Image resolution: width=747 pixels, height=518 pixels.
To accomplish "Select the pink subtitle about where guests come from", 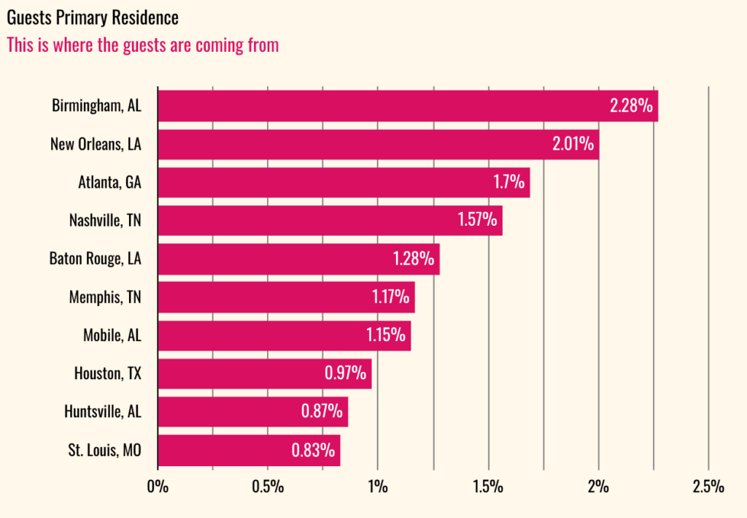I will (x=142, y=45).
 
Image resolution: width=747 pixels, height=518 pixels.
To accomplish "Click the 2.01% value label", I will (x=573, y=144).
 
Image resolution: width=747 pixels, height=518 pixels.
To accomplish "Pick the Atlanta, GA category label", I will (x=109, y=183).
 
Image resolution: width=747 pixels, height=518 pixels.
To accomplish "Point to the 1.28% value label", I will (x=414, y=259).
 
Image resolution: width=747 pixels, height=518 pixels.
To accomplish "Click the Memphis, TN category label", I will (x=105, y=297).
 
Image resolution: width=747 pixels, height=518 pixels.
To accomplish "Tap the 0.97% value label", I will (x=345, y=373).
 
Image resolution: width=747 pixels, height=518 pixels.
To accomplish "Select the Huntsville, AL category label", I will (x=103, y=412).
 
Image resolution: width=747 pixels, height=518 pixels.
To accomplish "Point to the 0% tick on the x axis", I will (x=158, y=487).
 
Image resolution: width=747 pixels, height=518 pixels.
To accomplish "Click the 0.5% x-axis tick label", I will (x=267, y=487).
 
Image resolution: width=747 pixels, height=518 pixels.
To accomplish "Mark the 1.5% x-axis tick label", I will (x=488, y=487).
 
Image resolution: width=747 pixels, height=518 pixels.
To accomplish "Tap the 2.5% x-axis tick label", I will (x=708, y=487).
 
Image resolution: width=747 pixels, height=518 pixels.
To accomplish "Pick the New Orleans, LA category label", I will (x=96, y=145).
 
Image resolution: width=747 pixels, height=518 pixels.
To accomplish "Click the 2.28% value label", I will (x=631, y=106).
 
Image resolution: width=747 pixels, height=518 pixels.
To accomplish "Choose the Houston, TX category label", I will (x=108, y=374).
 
